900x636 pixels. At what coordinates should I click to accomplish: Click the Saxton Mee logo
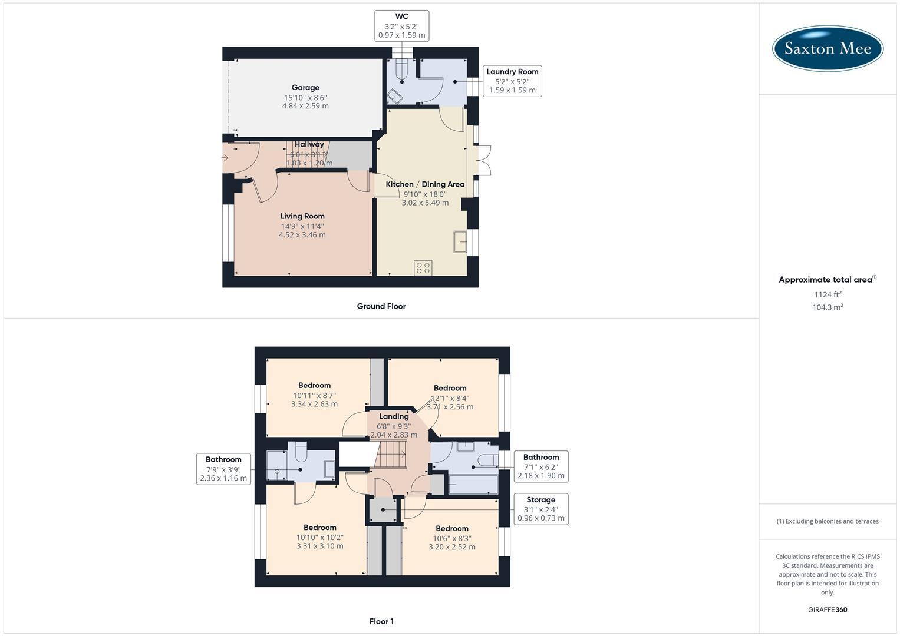point(828,48)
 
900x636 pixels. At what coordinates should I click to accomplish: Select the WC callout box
point(401,26)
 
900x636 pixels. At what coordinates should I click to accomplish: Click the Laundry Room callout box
point(512,81)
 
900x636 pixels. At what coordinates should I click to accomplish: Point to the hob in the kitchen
point(423,268)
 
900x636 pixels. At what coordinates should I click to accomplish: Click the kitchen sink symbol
point(460,242)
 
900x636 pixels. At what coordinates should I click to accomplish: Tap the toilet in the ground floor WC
point(402,70)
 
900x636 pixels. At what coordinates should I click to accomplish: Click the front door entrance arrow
point(225,158)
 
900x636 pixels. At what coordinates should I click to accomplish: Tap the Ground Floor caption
point(381,306)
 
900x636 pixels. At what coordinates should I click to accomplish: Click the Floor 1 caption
point(381,621)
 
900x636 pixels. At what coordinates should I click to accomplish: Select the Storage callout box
point(540,509)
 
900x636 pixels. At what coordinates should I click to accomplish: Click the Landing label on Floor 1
point(394,416)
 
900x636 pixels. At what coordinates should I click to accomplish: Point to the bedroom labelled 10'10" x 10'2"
point(319,536)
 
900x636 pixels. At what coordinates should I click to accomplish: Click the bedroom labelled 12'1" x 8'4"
point(450,396)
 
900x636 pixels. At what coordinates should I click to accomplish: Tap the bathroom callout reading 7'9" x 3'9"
point(223,469)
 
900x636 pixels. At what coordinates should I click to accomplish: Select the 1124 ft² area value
point(828,294)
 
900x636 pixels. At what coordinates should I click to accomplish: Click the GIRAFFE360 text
point(828,610)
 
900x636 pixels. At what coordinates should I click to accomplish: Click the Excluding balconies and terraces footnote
point(828,521)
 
